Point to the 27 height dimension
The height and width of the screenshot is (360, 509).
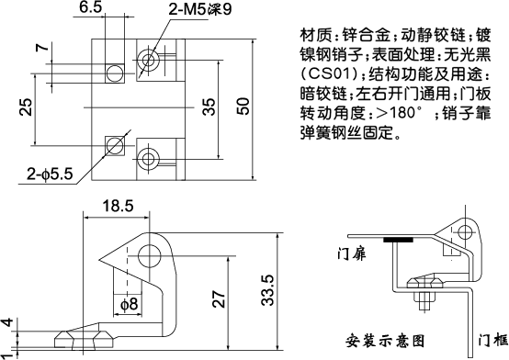pyautogui.click(x=217, y=297)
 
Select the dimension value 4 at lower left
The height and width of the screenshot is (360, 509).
pyautogui.click(x=8, y=322)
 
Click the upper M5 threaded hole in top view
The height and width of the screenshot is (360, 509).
pyautogui.click(x=148, y=61)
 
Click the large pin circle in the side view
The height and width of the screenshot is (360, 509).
pyautogui.click(x=150, y=256)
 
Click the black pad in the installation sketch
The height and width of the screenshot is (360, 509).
pyautogui.click(x=401, y=241)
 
